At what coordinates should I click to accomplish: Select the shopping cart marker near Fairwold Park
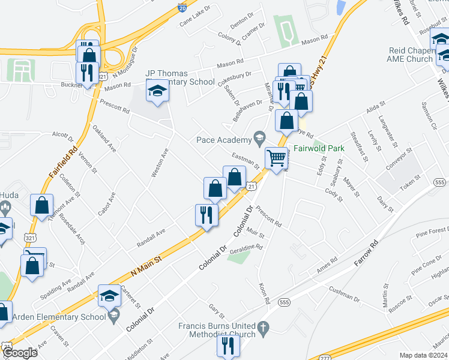pyautogui.click(x=276, y=158)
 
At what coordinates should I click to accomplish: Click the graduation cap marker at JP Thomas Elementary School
pyautogui.click(x=157, y=91)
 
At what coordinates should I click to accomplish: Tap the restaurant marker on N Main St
pyautogui.click(x=206, y=214)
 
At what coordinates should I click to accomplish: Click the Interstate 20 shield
pyautogui.click(x=182, y=8)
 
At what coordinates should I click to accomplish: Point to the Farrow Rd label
pyautogui.click(x=367, y=254)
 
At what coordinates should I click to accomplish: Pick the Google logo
pyautogui.click(x=19, y=353)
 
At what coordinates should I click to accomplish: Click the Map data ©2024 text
pyautogui.click(x=423, y=355)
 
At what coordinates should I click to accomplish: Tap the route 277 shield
pyautogui.click(x=324, y=357)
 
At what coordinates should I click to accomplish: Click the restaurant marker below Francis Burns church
pyautogui.click(x=228, y=345)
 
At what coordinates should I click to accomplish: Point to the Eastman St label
pyautogui.click(x=246, y=160)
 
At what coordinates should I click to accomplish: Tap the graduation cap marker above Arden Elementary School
pyautogui.click(x=109, y=295)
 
